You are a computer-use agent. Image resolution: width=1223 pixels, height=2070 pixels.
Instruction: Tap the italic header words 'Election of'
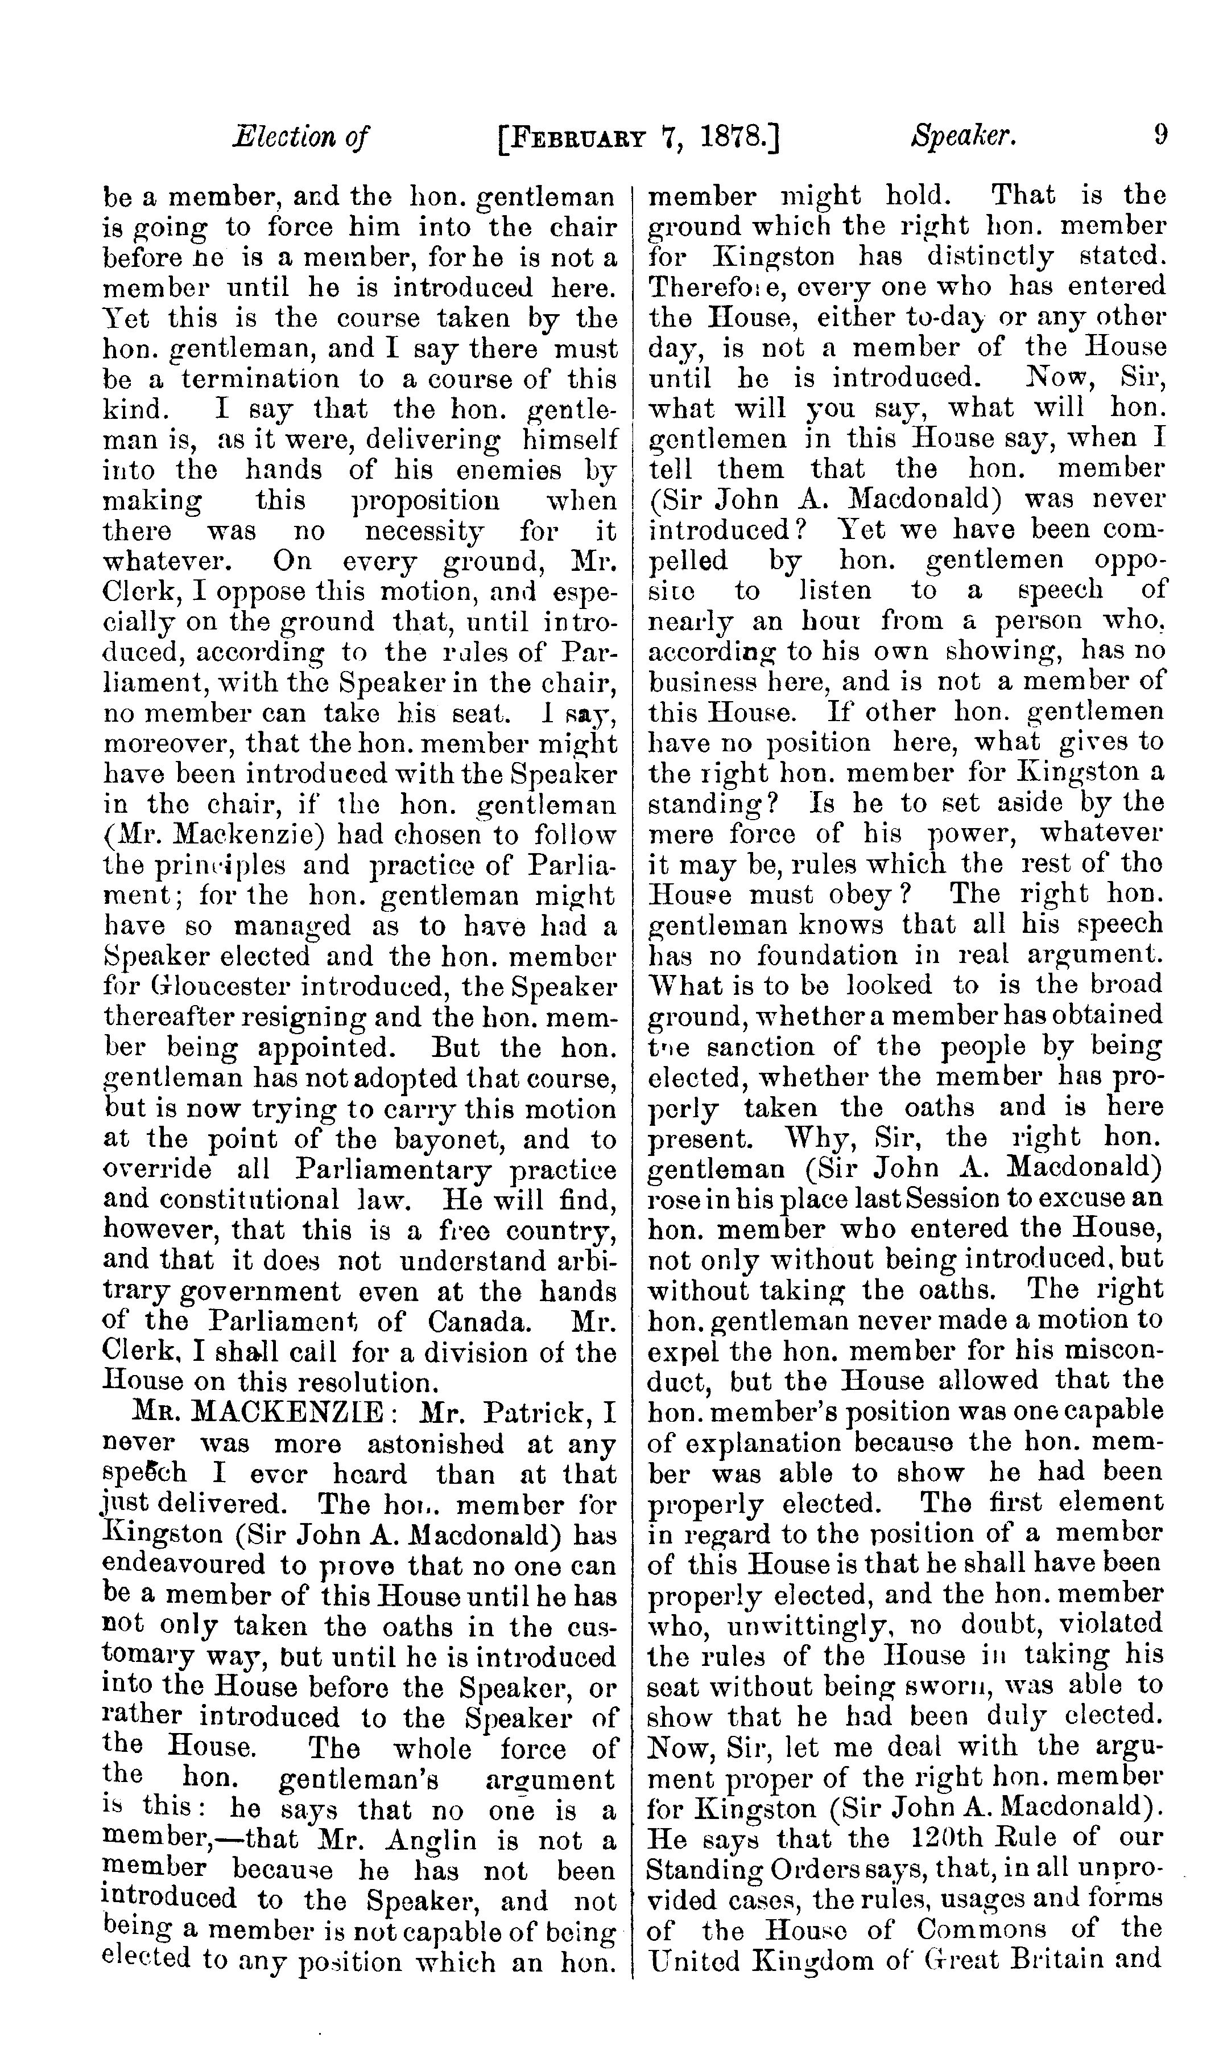[301, 136]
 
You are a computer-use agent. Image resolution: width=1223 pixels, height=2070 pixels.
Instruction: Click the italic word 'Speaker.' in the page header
[962, 136]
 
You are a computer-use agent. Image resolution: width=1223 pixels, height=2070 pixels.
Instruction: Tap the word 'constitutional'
[288, 1200]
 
